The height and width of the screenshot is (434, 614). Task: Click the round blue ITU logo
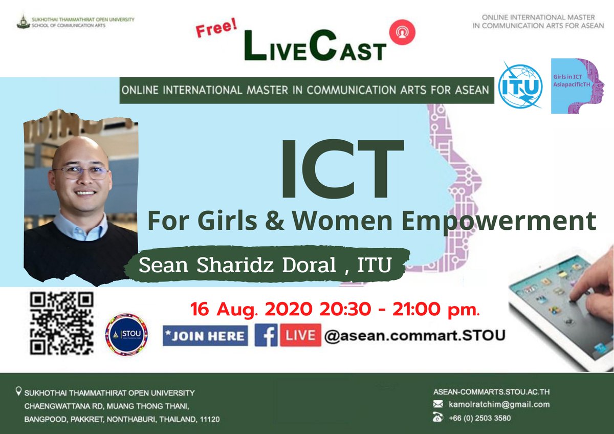click(x=520, y=85)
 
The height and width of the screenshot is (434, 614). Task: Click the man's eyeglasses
click(x=81, y=172)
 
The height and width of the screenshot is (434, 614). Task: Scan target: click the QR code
click(x=61, y=323)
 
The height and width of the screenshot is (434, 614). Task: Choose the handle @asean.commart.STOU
click(x=415, y=336)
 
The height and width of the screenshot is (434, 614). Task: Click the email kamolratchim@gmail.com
click(x=498, y=404)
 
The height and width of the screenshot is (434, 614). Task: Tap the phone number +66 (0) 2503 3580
click(x=479, y=418)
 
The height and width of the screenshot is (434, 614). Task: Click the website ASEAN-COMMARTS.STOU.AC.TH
click(x=491, y=392)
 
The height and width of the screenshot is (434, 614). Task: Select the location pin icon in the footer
click(x=19, y=393)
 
